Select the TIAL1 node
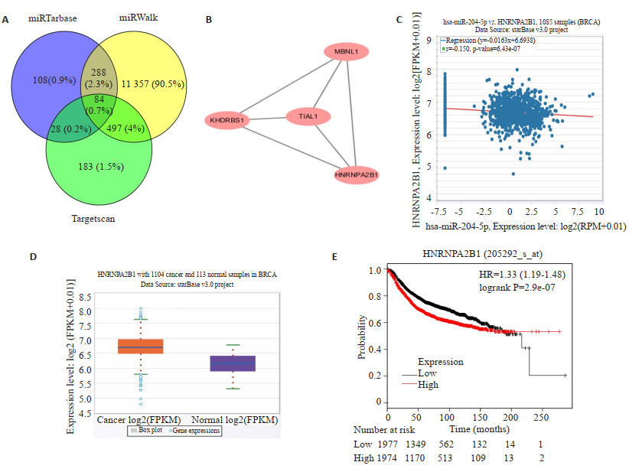pos(308,117)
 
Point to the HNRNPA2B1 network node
pos(357,175)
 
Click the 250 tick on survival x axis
pos(539,418)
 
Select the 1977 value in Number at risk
pos(389,444)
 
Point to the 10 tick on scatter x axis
pos(597,210)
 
